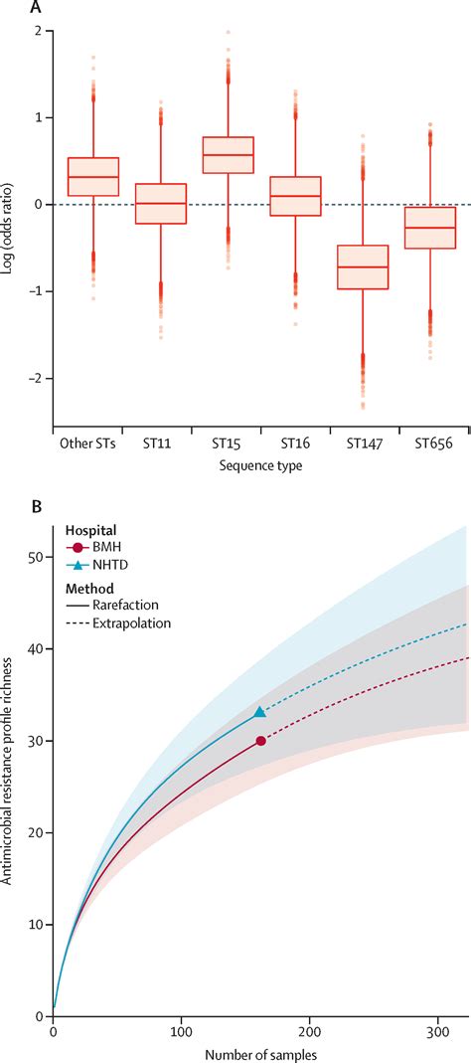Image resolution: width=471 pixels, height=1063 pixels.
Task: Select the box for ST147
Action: point(363,266)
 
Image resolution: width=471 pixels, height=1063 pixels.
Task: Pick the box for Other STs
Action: point(92,176)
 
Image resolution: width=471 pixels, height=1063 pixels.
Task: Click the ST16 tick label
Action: point(295,443)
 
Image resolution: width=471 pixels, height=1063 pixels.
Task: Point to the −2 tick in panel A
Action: point(37,378)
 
